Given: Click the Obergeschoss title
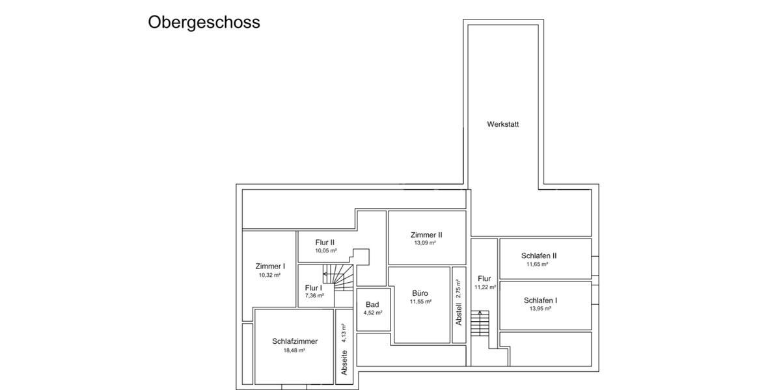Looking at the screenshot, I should (x=204, y=22).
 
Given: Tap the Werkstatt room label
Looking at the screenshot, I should (x=503, y=124).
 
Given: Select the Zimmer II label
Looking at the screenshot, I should (x=427, y=235).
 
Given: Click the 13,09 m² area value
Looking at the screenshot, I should (x=425, y=243).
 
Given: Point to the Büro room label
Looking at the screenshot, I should (x=420, y=293).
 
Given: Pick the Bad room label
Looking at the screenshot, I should (x=372, y=304).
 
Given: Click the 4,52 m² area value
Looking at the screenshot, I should (x=372, y=313).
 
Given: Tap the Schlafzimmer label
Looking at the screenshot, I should (x=295, y=341).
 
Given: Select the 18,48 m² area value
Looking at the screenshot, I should (x=294, y=350).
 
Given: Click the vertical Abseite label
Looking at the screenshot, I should (x=344, y=362).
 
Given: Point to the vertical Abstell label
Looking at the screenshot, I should (x=458, y=315).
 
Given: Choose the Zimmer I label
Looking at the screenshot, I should (x=270, y=266).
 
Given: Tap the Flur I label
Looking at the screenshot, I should (x=313, y=287).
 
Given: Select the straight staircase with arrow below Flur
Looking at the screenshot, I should (x=480, y=323).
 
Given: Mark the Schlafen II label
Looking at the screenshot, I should (x=539, y=255).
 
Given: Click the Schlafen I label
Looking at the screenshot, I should (x=540, y=300).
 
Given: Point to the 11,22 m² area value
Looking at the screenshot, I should (x=486, y=287).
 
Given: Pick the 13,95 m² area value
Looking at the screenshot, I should (x=540, y=309).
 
